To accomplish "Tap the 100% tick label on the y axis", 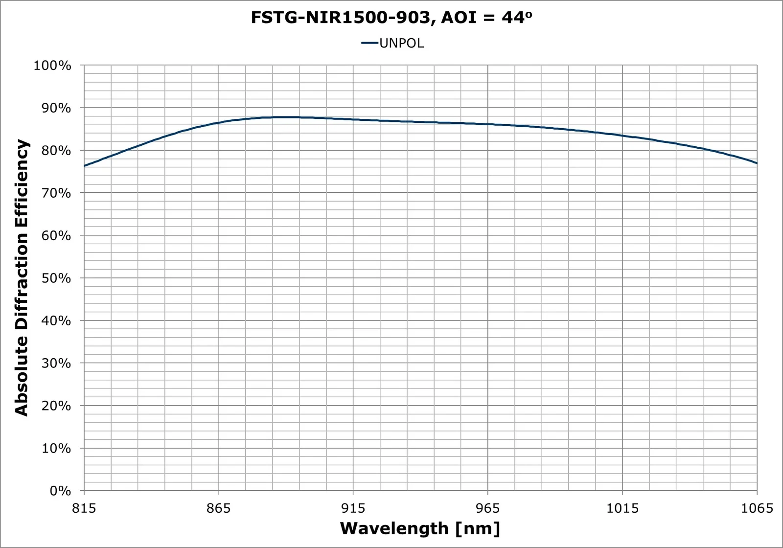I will coord(52,66).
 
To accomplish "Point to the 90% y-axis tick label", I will coord(55,108).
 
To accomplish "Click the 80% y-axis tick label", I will coord(55,151).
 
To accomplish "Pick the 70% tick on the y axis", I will coord(55,193).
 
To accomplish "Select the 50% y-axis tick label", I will coord(55,278).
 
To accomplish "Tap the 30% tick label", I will coord(55,364).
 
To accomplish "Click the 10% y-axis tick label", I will coord(55,449).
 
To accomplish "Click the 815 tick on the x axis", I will coord(84,508).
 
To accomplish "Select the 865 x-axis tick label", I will coord(219,508).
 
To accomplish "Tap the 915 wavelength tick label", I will coord(353,508).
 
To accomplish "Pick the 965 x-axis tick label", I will coord(488,508).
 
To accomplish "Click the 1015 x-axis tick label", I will coord(622,508).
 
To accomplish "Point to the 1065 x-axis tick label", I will coord(757,508).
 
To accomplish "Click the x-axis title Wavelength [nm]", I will coord(420,529).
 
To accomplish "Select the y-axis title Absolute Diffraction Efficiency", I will coord(22,277).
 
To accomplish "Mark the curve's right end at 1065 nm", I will coord(757,163).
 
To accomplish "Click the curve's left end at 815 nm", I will coord(85,166).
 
